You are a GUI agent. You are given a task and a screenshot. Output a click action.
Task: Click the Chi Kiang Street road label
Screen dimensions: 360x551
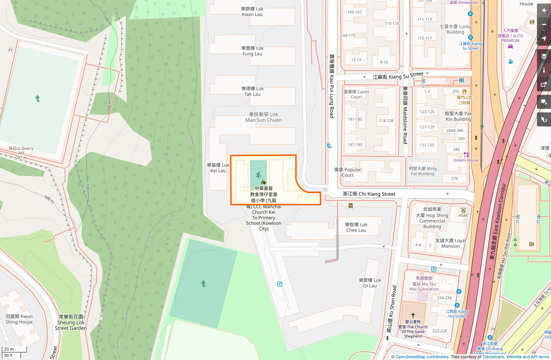point(369,194)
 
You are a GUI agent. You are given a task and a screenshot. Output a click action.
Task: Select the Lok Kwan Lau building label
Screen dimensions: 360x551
point(252,12)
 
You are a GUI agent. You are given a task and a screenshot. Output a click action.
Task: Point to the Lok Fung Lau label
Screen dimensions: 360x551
point(252,51)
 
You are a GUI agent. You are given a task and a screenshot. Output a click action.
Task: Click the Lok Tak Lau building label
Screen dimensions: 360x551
point(252,91)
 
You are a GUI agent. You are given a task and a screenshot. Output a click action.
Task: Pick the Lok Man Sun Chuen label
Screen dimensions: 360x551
point(263,117)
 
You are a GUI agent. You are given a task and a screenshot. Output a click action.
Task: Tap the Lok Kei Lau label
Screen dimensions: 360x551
point(218,168)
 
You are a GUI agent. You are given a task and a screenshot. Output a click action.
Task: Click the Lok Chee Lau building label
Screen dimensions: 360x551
point(356,227)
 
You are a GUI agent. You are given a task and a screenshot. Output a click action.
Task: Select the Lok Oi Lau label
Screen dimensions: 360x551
point(370,283)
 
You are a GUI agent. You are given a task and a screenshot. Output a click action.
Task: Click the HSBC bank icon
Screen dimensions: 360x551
point(463,210)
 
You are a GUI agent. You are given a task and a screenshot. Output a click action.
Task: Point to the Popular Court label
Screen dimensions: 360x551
point(347,172)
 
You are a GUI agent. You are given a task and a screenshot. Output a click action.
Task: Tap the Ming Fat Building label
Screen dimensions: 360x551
point(423,171)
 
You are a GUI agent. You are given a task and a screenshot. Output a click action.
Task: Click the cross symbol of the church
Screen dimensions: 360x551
point(413,315)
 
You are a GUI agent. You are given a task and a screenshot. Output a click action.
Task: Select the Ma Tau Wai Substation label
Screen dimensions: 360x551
point(424,284)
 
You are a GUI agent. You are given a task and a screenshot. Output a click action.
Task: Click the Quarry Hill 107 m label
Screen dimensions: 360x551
point(21,153)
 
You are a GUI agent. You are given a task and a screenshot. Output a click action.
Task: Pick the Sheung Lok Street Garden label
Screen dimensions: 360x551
point(71,322)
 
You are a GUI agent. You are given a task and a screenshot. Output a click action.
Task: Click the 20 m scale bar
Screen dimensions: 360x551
point(14,349)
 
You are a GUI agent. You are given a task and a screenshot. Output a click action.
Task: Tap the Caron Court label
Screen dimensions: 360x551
point(356,94)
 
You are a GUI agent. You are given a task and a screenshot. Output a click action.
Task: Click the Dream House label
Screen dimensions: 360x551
point(466,160)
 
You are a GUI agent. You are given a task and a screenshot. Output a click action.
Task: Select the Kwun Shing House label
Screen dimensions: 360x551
point(19,319)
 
